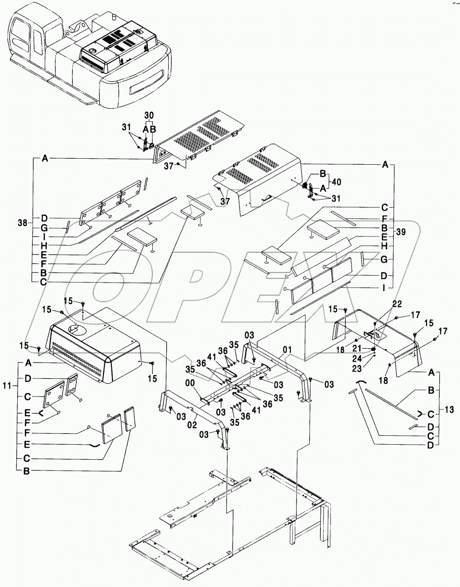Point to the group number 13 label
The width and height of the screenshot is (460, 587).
click(449, 410)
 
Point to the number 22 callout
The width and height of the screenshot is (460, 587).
click(397, 304)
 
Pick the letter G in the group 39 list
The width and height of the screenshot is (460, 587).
click(385, 259)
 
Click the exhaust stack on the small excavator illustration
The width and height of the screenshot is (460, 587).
click(115, 17)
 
